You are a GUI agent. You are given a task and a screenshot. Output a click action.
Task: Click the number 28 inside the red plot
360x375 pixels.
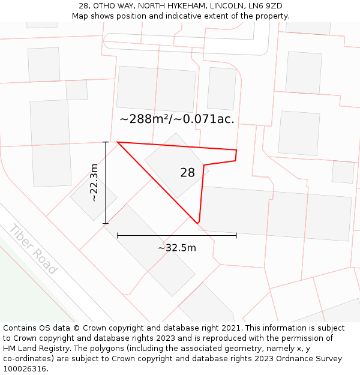click(x=187, y=173)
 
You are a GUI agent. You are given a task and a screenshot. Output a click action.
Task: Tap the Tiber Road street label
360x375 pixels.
click(x=33, y=249)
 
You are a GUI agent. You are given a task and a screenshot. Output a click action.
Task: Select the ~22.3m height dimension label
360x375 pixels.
click(x=94, y=182)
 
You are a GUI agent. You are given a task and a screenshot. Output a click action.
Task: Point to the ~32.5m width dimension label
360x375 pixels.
click(x=177, y=248)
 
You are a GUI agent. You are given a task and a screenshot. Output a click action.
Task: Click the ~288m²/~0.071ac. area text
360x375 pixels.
click(x=177, y=119)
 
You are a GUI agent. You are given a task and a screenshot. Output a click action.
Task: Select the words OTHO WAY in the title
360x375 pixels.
click(x=113, y=6)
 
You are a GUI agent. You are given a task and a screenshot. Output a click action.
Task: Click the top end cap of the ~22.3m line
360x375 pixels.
click(x=106, y=142)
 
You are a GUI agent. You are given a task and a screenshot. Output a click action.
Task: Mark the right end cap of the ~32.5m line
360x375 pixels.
click(x=236, y=235)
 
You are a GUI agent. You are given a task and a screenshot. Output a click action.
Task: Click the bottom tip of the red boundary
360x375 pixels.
click(x=198, y=223)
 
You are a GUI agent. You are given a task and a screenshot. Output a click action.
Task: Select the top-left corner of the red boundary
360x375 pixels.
click(x=118, y=142)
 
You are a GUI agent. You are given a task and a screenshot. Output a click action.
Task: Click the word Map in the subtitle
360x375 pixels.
click(x=80, y=16)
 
